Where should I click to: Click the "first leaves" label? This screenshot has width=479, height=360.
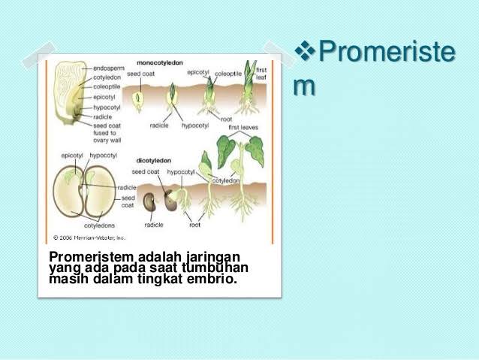click(x=243, y=128)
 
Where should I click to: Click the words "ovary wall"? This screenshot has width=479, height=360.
click(x=108, y=140)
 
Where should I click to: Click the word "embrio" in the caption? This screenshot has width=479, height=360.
click(x=215, y=280)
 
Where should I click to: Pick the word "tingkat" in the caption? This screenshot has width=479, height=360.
click(x=165, y=280)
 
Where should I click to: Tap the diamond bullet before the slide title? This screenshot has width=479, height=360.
click(x=305, y=53)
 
